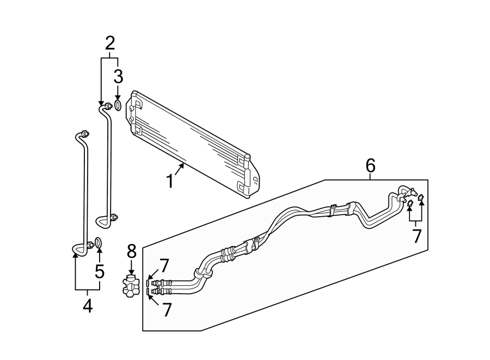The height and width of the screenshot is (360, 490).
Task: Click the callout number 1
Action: [170, 180]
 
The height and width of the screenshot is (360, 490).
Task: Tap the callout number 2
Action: [110, 42]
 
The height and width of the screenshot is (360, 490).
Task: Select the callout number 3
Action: [118, 76]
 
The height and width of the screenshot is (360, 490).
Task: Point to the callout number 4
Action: [87, 307]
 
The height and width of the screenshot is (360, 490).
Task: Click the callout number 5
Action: [100, 271]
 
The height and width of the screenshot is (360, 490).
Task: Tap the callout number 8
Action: [131, 252]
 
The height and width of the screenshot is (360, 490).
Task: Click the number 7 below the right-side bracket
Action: [417, 236]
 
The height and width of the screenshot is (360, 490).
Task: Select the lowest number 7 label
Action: [167, 310]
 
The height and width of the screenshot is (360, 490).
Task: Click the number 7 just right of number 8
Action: [164, 266]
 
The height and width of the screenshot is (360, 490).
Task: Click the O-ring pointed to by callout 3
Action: [118, 105]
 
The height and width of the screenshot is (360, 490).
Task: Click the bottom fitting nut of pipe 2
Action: [113, 219]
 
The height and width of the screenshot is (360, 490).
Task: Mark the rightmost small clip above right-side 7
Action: [421, 197]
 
